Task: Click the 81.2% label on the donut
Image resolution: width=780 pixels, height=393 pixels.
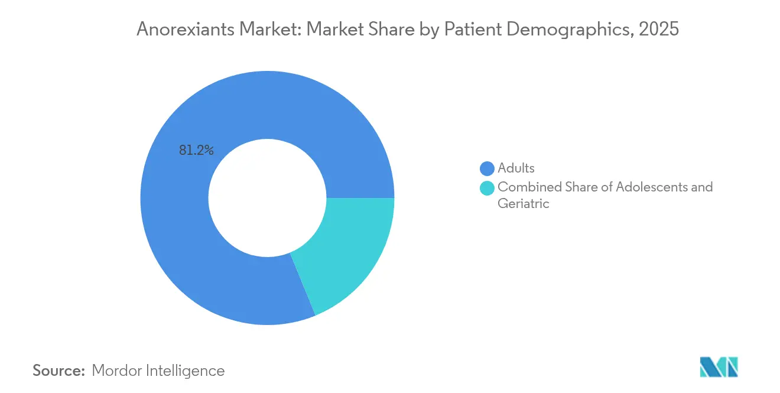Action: pyautogui.click(x=196, y=151)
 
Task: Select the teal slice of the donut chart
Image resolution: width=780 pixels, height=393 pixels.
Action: pyautogui.click(x=349, y=248)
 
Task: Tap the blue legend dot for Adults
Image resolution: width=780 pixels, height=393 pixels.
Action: pyautogui.click(x=487, y=168)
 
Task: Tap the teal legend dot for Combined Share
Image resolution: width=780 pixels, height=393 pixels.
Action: pyautogui.click(x=487, y=188)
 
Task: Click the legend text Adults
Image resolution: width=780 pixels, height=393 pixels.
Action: pyautogui.click(x=516, y=168)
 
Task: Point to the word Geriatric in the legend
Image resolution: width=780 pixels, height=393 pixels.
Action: pyautogui.click(x=523, y=204)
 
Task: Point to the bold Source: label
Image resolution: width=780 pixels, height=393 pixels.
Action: pyautogui.click(x=58, y=371)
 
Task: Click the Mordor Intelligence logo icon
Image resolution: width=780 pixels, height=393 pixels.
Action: pyautogui.click(x=719, y=366)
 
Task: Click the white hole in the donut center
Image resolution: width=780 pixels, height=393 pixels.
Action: pyautogui.click(x=267, y=198)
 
